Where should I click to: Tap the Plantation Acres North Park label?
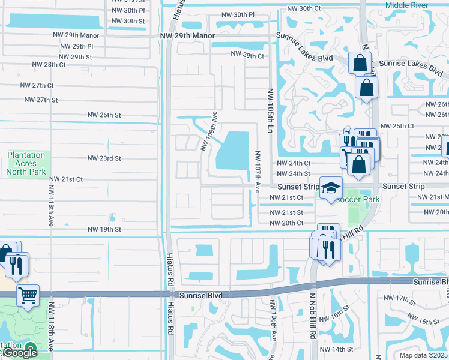(26, 163)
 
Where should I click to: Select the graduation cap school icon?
(330, 188)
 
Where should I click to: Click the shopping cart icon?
(28, 295)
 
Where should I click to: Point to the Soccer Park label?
(358, 199)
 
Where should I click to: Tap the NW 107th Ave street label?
(258, 171)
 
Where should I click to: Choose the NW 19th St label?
(104, 229)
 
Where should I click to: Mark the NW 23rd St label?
(104, 158)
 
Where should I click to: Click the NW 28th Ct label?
(49, 64)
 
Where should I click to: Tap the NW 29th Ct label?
(247, 56)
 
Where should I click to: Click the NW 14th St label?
(337, 349)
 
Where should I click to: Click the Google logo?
(19, 353)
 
